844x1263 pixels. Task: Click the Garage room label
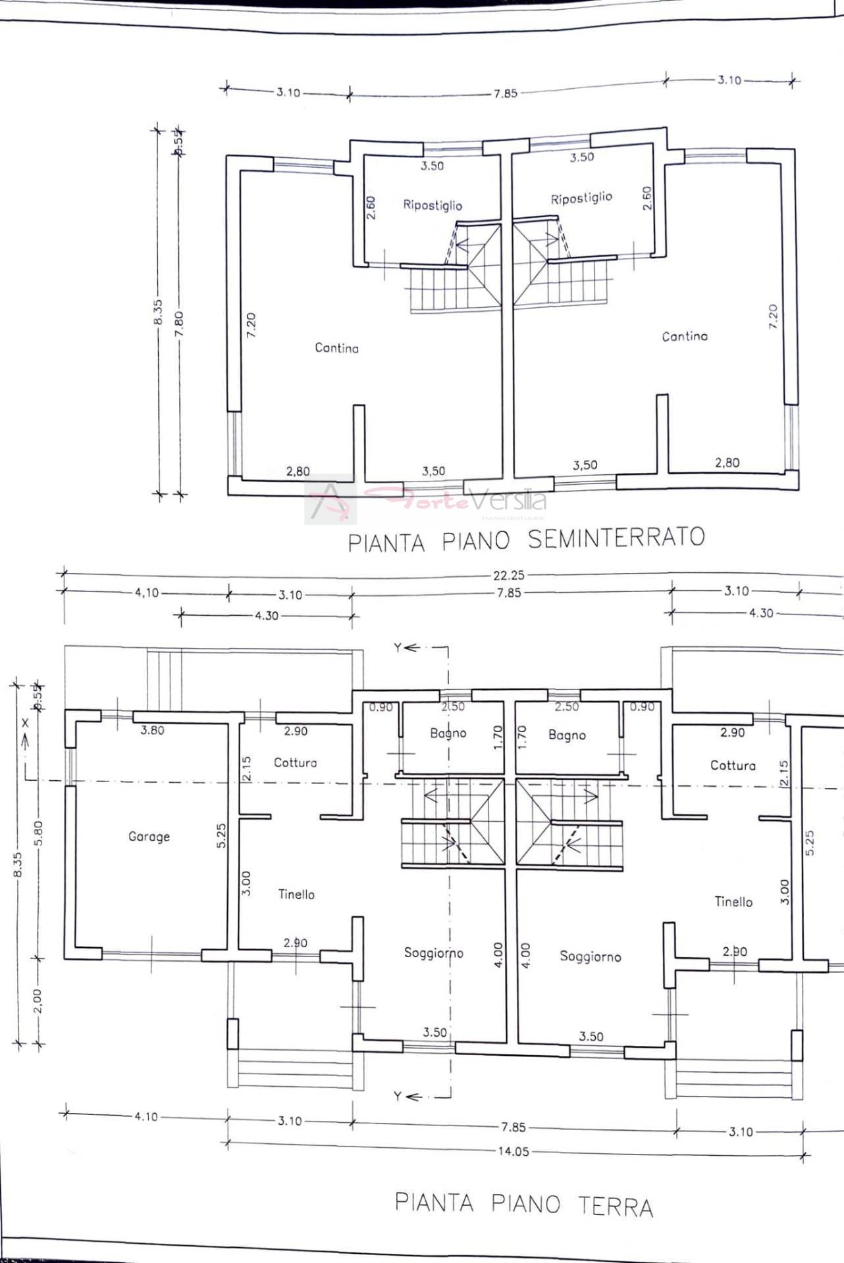(x=149, y=837)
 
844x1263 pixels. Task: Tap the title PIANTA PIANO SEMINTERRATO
(x=526, y=539)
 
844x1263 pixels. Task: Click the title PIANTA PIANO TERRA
(x=523, y=1204)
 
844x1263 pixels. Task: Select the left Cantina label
(x=336, y=348)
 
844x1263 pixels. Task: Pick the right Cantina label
(x=685, y=336)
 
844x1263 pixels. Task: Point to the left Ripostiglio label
(x=433, y=205)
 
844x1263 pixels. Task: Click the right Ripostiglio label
(x=581, y=198)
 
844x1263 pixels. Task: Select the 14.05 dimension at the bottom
(x=512, y=1151)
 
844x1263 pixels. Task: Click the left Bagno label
(x=448, y=733)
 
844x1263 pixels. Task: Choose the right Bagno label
(x=567, y=735)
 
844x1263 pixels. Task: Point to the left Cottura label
(x=295, y=762)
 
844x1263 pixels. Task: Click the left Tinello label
(x=296, y=894)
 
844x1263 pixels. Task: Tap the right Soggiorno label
(x=591, y=956)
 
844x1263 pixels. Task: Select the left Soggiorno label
(x=433, y=953)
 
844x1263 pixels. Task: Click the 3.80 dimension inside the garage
(x=152, y=730)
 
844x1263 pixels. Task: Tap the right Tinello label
(x=733, y=902)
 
